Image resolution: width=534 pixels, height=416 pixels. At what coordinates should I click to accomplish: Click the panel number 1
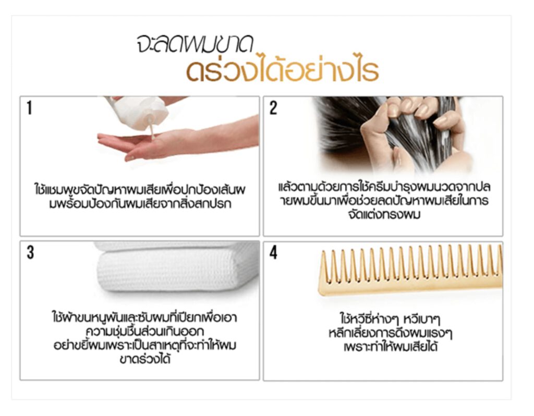pos(30,108)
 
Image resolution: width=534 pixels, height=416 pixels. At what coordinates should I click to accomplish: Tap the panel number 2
pos(273,108)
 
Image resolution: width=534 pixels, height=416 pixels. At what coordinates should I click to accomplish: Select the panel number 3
pos(30,253)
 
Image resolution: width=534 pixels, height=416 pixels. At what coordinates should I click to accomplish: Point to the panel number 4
pos(273,253)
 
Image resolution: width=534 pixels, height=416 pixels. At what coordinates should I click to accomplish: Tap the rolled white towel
pos(177,267)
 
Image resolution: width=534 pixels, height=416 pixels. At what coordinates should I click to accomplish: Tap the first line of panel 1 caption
pos(140,189)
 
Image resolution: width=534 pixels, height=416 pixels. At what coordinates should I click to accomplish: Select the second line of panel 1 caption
pos(140,204)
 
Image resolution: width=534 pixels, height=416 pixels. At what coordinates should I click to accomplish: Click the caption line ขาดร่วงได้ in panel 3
pos(145,359)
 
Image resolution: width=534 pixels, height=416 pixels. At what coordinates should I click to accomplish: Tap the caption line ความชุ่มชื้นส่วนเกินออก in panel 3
pos(145,331)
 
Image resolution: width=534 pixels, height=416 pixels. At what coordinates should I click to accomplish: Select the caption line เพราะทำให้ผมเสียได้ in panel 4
pos(390,347)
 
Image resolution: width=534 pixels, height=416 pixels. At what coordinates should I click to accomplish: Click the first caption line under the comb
pos(390,320)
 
